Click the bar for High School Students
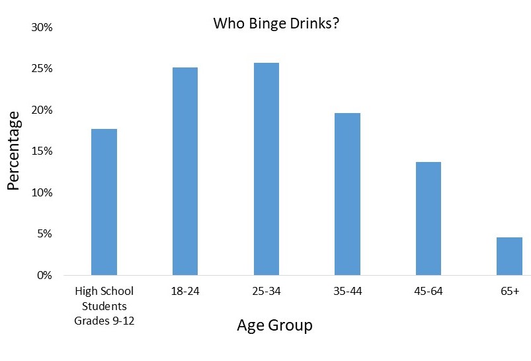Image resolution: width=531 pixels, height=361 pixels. click(104, 202)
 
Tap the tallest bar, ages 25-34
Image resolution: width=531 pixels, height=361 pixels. click(266, 169)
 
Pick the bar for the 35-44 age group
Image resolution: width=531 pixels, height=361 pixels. click(347, 194)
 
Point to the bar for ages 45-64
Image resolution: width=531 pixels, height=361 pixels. click(428, 218)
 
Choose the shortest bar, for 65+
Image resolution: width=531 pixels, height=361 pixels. click(509, 256)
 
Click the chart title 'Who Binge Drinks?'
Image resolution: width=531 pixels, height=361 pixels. click(276, 24)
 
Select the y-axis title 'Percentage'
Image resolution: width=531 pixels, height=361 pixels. click(13, 151)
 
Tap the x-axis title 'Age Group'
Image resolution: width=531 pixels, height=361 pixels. click(274, 325)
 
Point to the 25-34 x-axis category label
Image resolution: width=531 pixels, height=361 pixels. click(266, 291)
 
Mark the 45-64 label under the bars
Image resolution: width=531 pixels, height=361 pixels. click(428, 291)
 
